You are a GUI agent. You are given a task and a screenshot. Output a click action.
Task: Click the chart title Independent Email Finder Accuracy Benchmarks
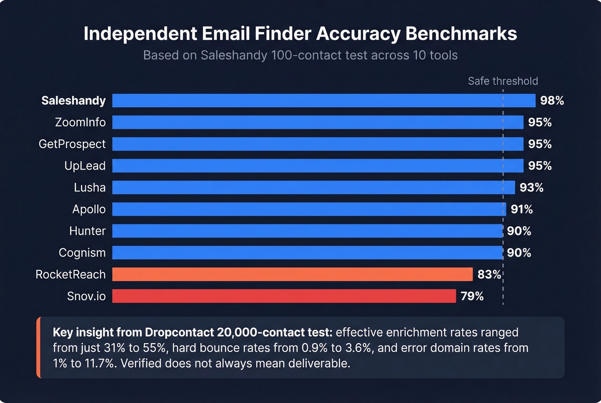tap(300, 34)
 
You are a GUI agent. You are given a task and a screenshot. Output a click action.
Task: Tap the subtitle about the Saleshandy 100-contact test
tap(300, 55)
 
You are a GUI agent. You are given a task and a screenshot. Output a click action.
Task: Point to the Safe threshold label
tap(503, 81)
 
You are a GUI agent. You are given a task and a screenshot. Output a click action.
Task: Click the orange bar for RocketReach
tap(292, 274)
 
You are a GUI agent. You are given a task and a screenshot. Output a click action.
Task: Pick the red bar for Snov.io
tap(284, 296)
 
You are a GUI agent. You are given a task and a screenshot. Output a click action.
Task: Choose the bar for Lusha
tap(313, 188)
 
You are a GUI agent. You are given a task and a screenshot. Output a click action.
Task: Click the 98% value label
tap(552, 100)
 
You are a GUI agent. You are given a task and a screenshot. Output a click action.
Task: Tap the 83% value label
tap(489, 274)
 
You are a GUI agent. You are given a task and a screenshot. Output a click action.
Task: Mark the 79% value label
tap(472, 296)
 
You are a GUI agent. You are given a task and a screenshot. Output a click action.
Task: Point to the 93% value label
tap(531, 188)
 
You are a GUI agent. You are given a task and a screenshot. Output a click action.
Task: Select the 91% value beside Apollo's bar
tap(522, 209)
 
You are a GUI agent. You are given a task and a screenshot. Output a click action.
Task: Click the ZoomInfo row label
tap(80, 122)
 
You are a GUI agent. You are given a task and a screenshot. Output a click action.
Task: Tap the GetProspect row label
tap(72, 144)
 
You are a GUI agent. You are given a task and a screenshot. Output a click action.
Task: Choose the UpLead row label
tap(85, 166)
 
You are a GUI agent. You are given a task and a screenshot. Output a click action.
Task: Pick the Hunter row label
tap(87, 231)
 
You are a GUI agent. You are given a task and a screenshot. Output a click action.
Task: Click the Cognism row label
tap(82, 253)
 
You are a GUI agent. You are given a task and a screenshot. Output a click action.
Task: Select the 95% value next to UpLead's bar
tap(540, 166)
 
